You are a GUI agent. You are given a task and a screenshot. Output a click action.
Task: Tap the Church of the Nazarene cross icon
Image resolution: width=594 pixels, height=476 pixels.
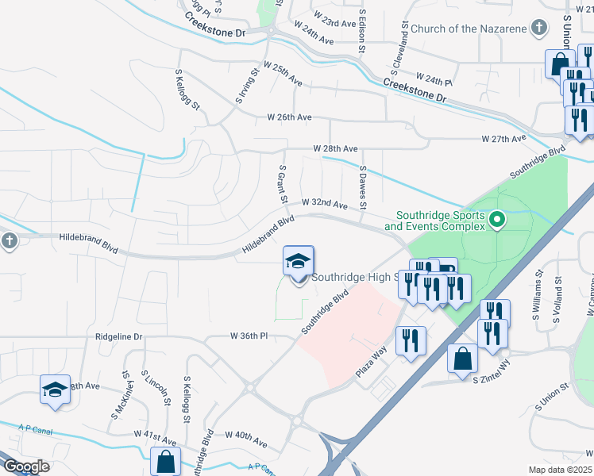[x=539, y=29]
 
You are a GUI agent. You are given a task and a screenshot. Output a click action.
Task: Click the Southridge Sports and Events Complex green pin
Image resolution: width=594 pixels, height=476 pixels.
[x=498, y=218]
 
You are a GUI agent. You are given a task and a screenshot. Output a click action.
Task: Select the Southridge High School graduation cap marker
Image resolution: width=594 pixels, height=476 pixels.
[x=299, y=261]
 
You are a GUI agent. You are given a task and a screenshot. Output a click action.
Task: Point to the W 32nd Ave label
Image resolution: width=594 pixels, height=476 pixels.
[x=324, y=205]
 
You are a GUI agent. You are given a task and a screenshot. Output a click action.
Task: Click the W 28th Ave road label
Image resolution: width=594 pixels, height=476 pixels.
[x=335, y=148]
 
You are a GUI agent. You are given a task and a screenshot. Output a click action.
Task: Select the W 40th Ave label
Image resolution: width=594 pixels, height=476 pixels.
[x=246, y=435]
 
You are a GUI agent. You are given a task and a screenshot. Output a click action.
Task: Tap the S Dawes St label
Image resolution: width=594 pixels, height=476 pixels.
[x=363, y=187]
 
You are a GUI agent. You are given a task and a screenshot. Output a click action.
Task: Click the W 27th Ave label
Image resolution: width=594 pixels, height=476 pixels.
[x=504, y=139]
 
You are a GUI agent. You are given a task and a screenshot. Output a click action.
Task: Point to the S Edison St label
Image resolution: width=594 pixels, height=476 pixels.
[x=361, y=32]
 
